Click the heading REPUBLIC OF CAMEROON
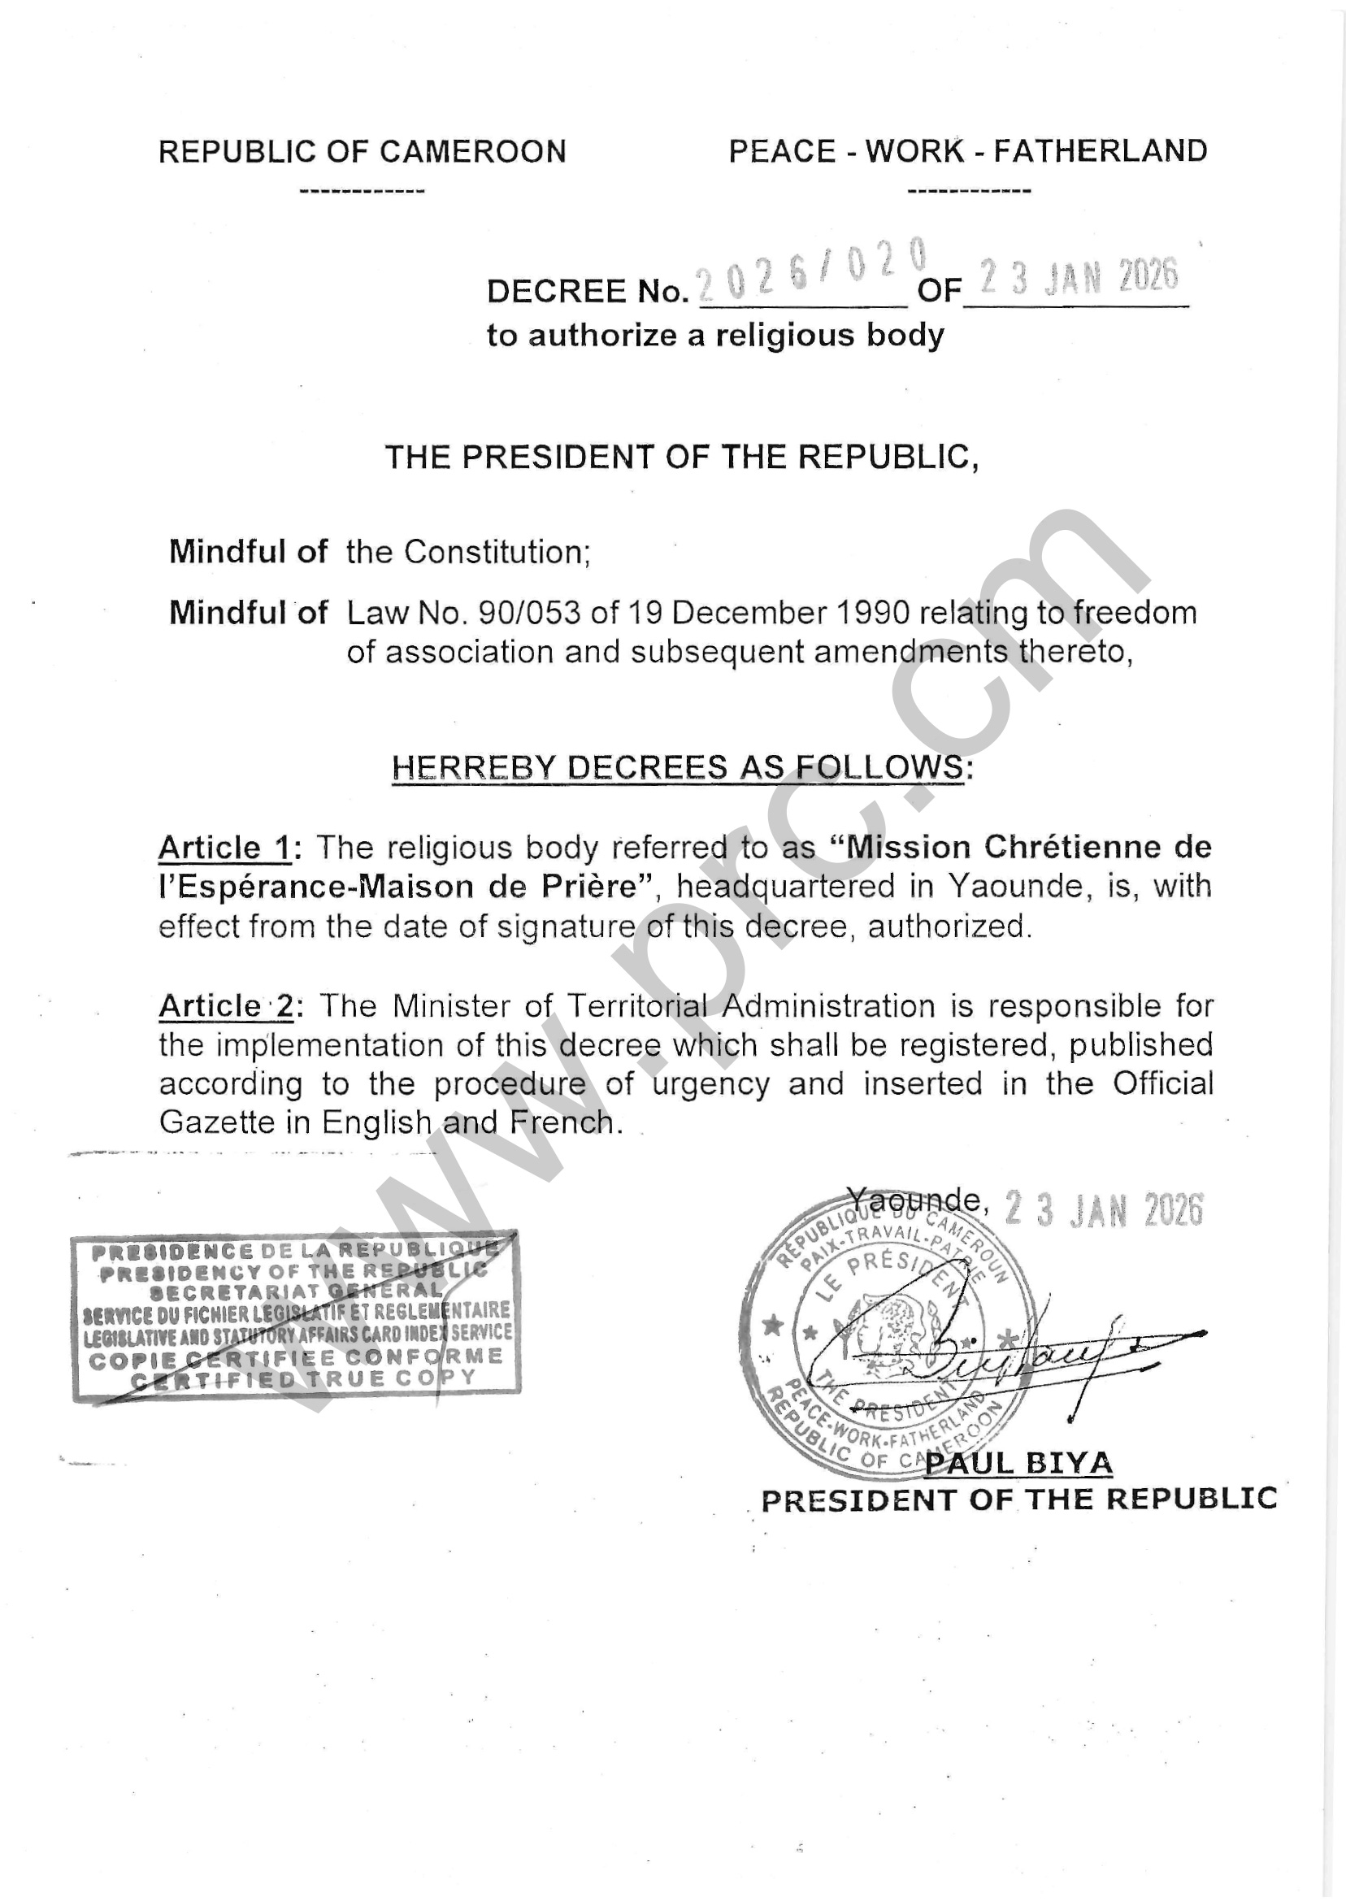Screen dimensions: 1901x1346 click(363, 152)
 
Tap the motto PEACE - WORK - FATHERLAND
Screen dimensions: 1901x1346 click(967, 151)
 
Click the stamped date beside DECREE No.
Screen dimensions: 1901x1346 click(1078, 277)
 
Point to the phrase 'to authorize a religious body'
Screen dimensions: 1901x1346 click(715, 336)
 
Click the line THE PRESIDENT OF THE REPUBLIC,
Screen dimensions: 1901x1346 click(681, 458)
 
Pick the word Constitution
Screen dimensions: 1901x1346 click(495, 552)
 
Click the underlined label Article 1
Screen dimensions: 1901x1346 click(224, 848)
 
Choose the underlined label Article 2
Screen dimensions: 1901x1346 click(225, 1006)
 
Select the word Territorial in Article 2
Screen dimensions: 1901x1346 click(636, 1006)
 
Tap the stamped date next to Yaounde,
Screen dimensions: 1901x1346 click(1102, 1210)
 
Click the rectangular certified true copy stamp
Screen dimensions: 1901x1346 click(296, 1316)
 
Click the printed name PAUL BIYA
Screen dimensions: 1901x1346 click(1018, 1464)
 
